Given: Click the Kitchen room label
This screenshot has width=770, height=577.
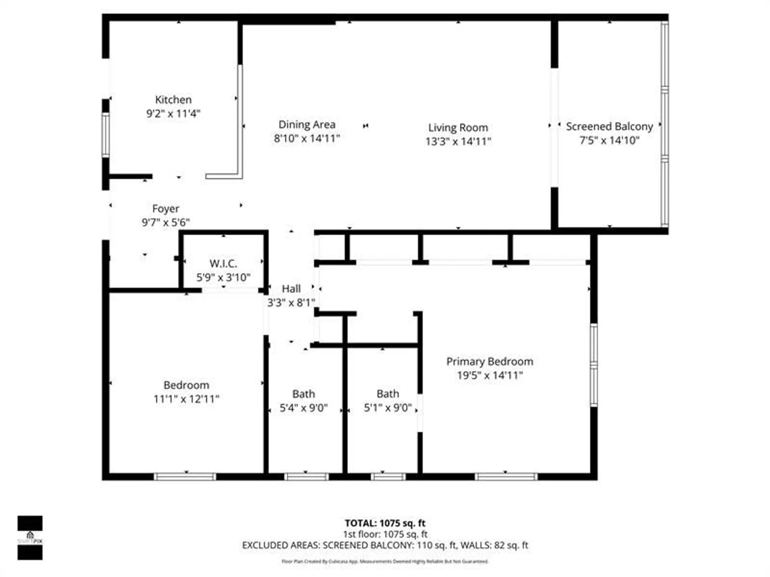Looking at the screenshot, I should click(173, 100).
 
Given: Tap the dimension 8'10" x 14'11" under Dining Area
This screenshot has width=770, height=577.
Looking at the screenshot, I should click(307, 138).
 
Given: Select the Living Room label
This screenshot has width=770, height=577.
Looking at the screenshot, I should click(458, 127).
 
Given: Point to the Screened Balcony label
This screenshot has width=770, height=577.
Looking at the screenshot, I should click(609, 127).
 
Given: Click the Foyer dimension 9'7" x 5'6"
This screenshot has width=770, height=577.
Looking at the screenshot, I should click(166, 222).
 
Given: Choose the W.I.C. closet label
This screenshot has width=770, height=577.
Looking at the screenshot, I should click(223, 264).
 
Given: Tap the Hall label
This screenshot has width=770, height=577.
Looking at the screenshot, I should click(291, 289).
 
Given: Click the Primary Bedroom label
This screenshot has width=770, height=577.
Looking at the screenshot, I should click(490, 362).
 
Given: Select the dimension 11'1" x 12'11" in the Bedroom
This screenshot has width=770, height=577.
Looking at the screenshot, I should click(186, 399).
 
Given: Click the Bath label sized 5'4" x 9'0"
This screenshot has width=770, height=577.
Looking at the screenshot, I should click(303, 394).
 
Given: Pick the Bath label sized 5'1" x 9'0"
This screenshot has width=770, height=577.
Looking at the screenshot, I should click(388, 394).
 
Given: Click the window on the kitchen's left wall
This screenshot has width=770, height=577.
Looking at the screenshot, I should click(105, 135).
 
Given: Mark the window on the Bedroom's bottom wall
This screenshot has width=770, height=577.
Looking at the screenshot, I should click(185, 477).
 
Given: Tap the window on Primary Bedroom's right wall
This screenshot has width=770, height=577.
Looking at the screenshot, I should click(594, 365).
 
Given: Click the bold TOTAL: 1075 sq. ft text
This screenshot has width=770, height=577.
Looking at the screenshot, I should click(385, 523).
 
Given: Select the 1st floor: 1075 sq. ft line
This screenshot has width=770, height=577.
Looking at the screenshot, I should click(385, 534).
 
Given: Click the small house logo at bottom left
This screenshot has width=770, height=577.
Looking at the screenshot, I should click(30, 535).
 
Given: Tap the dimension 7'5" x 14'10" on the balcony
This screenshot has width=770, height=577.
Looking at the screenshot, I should click(609, 140).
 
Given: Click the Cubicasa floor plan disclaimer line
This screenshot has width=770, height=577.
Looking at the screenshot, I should click(385, 562).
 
